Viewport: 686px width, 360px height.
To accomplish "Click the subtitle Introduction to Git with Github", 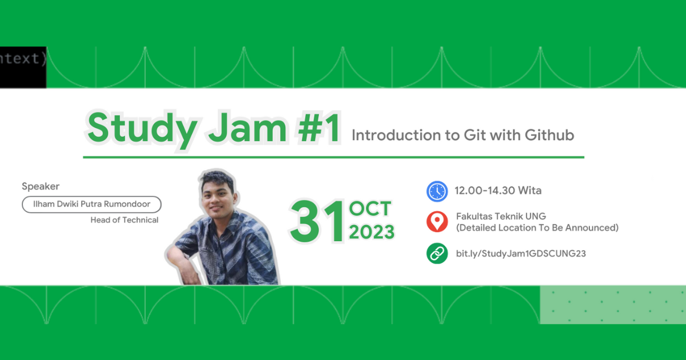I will click(462, 135).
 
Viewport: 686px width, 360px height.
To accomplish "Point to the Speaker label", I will click(41, 186).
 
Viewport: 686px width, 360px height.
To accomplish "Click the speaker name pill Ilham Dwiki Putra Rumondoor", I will click(91, 204).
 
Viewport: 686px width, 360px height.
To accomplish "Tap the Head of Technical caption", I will click(124, 220).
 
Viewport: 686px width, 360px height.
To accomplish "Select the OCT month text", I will click(370, 209).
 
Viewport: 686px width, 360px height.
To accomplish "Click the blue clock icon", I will click(437, 191).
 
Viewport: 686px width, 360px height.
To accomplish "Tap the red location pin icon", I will click(437, 222).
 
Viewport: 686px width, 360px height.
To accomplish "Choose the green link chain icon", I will click(437, 253).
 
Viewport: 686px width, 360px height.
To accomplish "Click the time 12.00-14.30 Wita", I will click(498, 190).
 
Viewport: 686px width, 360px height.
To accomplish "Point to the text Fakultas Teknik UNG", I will click(501, 217).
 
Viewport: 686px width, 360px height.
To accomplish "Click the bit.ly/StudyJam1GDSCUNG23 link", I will click(520, 253).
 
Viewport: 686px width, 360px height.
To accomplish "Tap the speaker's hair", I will click(218, 177).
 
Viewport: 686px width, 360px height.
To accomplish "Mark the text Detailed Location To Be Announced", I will click(537, 228).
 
